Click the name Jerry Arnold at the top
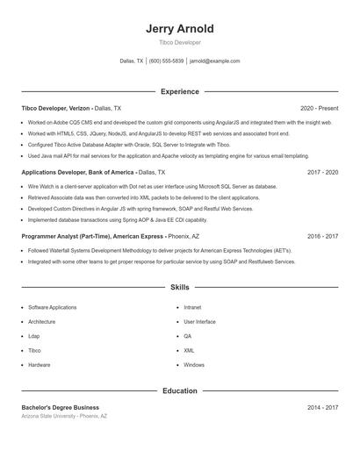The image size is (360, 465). tap(179, 29)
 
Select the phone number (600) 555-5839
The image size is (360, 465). tap(166, 61)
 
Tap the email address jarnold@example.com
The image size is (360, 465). tap(214, 61)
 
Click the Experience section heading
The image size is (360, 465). tap(179, 91)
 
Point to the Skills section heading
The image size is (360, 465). tap(179, 287)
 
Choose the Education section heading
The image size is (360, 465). tap(179, 390)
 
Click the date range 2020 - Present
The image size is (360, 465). tap(319, 108)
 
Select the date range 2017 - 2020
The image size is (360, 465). tap(322, 173)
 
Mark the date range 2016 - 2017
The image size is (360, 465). tap(322, 236)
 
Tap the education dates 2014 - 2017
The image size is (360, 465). tap(322, 407)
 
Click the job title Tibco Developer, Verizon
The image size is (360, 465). tap(56, 108)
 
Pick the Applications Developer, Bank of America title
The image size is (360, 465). tap(78, 173)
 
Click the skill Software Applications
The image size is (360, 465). tap(52, 308)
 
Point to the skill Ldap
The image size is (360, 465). tap(34, 336)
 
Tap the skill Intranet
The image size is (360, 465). tap(192, 308)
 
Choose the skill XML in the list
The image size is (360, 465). tap(189, 350)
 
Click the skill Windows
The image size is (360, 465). tap(194, 364)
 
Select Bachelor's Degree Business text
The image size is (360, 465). tap(60, 407)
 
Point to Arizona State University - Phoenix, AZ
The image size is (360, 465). tap(64, 416)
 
